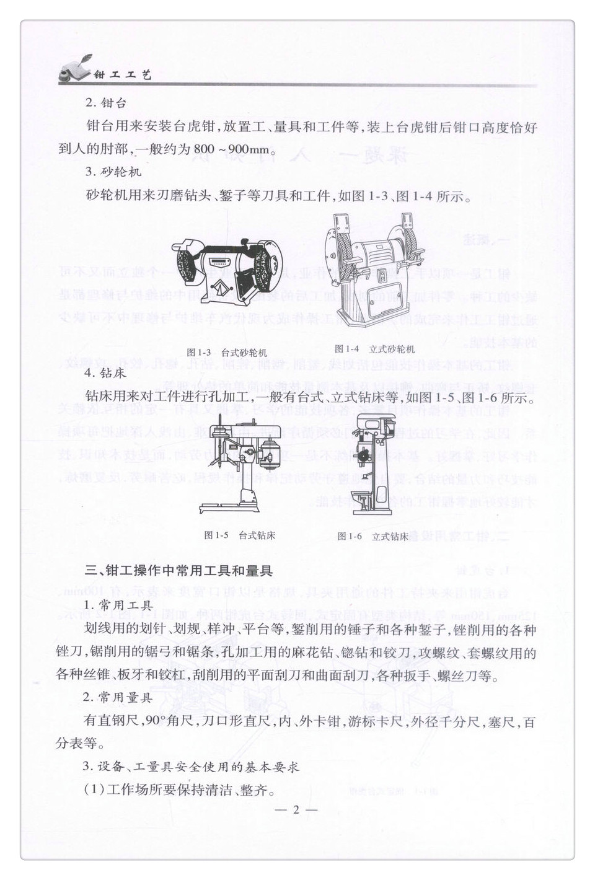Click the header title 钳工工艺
pos(122,75)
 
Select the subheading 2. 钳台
pos(105,103)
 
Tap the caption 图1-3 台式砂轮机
pos(227,352)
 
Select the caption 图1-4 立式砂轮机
pos(374,349)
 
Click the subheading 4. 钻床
pos(105,373)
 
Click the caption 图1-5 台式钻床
pos(239,535)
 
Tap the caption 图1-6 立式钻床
pos(372,537)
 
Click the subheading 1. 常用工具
pos(118,605)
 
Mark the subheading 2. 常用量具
pos(118,698)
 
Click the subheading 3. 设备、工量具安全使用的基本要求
pos(191,767)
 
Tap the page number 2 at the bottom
pos(296,810)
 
